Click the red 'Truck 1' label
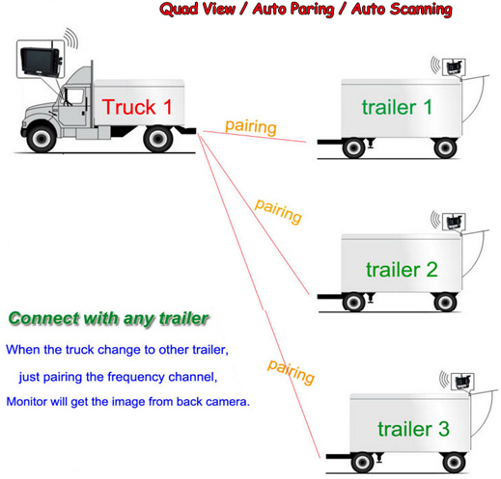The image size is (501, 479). pos(137,107)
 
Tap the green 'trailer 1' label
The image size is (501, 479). pos(397,107)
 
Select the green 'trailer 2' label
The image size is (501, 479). pos(402,269)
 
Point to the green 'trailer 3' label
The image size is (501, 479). pos(414,429)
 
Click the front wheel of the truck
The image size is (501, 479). pos(42,139)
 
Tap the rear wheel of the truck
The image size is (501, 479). pos(158,139)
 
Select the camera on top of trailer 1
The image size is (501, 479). pos(454,67)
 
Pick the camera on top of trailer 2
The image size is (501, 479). pos(454,222)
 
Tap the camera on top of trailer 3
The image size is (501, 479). pos(462,382)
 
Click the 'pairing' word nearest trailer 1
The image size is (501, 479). pos(251,127)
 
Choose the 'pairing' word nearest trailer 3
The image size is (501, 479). pos(291,372)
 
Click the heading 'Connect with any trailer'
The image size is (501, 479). pos(109,319)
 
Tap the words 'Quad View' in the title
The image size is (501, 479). pos(197,9)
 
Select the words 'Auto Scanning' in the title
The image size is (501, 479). pos(402,9)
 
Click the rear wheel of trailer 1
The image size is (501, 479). pos(445,148)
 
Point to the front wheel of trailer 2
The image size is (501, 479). pos(354,302)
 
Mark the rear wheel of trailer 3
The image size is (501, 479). pos(454,463)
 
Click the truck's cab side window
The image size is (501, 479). pos(74,96)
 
